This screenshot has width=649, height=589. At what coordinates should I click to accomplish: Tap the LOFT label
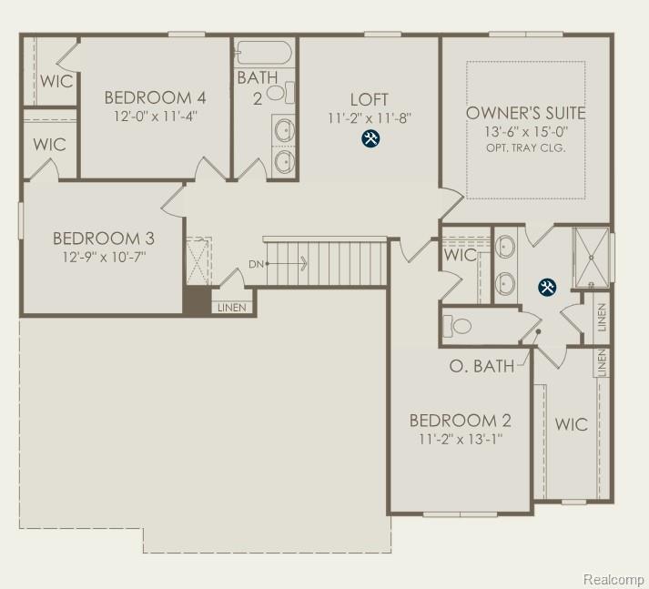point(370,99)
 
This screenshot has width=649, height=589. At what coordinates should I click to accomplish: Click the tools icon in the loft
point(370,138)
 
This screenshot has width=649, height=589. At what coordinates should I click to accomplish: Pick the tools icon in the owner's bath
point(546,288)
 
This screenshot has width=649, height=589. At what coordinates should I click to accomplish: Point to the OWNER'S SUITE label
point(525,113)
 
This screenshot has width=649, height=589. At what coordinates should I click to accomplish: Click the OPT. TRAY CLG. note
point(526,147)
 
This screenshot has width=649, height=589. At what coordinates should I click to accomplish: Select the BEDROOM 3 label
point(103,239)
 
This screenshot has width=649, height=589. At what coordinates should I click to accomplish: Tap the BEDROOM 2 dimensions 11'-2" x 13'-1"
point(460,439)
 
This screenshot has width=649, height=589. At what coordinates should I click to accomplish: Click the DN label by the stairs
point(257,265)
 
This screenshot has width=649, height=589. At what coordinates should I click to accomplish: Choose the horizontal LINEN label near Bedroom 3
point(231,308)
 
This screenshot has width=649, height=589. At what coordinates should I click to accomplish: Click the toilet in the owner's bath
point(461,325)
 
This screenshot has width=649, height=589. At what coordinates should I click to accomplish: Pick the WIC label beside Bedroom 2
point(571,424)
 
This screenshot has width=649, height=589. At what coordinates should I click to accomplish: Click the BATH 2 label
point(258,87)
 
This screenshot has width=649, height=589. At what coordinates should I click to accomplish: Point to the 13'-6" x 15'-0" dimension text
point(525,132)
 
